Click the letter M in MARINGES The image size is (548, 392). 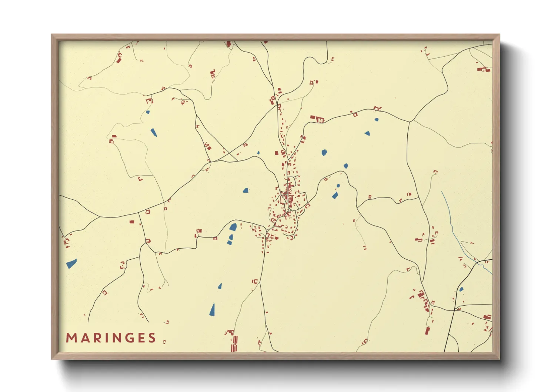click(71, 338)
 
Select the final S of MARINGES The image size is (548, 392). click(152, 338)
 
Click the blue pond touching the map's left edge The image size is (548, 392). click(71, 263)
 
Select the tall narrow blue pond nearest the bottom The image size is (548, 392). click(212, 310)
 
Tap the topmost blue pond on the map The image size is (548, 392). click(147, 112)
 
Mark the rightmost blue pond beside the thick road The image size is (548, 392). click(461, 289)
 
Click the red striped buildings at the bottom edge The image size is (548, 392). click(234, 343)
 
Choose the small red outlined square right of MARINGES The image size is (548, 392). click(164, 342)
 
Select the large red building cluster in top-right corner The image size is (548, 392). click(484, 69)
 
